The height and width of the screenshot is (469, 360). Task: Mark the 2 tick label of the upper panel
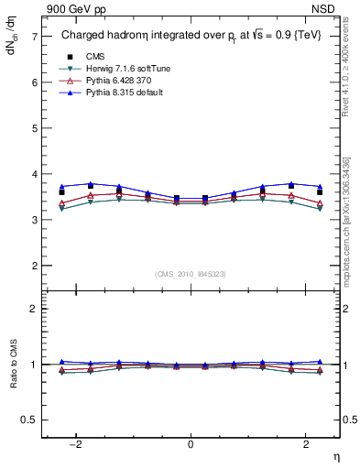click(34, 266)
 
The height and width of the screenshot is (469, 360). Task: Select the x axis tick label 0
click(191, 444)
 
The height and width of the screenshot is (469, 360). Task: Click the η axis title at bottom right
click(335, 457)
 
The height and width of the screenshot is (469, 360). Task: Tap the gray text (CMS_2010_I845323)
click(190, 274)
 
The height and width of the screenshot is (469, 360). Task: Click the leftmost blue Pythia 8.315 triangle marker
click(61, 187)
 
